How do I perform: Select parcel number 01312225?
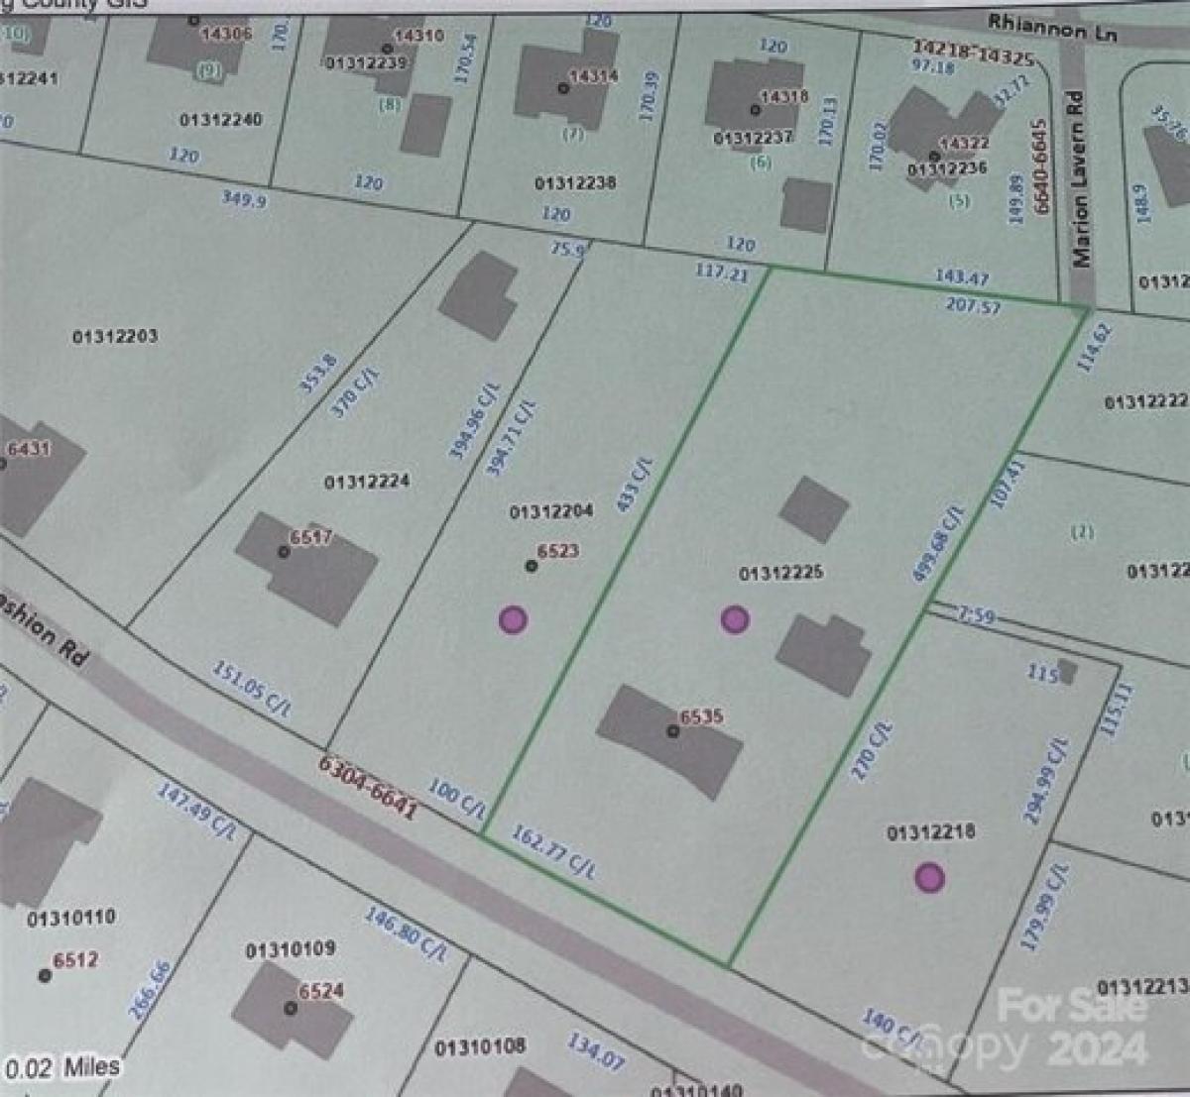(780, 573)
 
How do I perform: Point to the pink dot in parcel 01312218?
(929, 877)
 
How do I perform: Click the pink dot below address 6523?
(512, 620)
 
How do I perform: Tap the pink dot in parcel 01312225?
(734, 619)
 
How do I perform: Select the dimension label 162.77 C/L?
(554, 851)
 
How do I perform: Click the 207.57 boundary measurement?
(973, 305)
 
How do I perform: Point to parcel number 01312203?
(115, 336)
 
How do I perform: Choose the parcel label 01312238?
(575, 183)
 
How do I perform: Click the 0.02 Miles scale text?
(62, 1067)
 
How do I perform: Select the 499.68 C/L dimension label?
(937, 542)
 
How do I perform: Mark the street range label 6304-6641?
(367, 788)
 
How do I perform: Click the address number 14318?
(783, 97)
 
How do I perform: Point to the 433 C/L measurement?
(635, 484)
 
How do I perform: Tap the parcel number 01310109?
(290, 949)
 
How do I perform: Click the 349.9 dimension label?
(243, 198)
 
